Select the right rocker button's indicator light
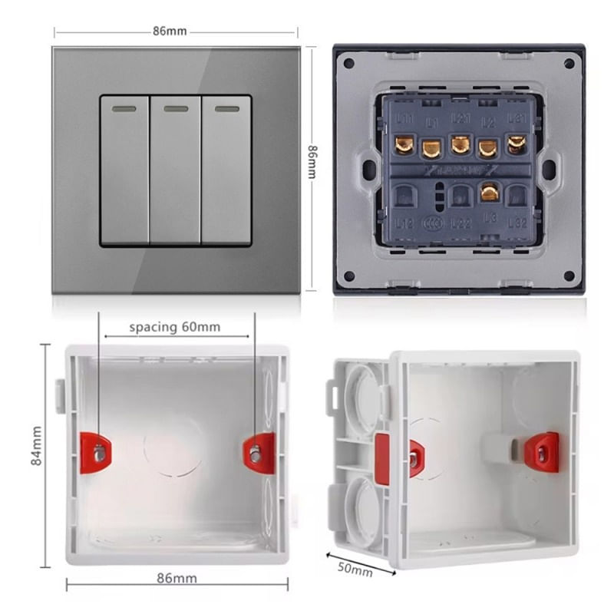click(x=226, y=109)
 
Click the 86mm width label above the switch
click(x=170, y=32)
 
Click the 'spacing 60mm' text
click(x=175, y=327)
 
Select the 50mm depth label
click(x=355, y=568)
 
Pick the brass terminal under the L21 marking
click(x=460, y=144)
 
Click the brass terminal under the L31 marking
click(x=517, y=144)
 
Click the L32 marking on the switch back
click(x=517, y=223)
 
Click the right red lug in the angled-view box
click(x=542, y=454)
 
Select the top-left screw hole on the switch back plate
click(x=349, y=63)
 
